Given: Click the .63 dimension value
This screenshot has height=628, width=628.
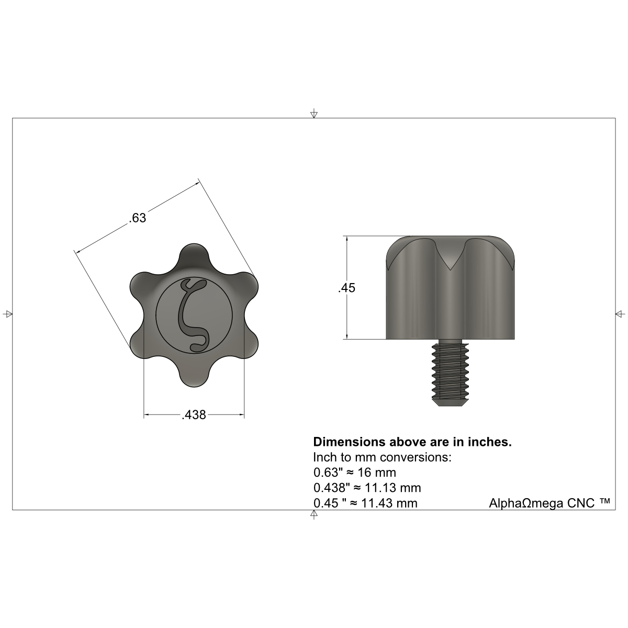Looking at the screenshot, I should [x=138, y=218].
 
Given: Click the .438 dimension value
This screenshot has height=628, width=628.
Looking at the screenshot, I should [x=194, y=415].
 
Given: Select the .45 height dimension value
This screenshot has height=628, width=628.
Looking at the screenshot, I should [x=347, y=288].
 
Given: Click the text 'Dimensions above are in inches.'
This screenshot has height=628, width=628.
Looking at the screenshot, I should [x=412, y=442].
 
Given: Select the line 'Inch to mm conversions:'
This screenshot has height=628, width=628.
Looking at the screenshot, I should [x=382, y=457].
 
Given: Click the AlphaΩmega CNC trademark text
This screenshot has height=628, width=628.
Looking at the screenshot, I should [x=549, y=503].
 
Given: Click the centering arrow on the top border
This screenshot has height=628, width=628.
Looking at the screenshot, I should [x=313, y=114].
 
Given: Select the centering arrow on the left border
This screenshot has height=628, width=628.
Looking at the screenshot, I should [x=8, y=314].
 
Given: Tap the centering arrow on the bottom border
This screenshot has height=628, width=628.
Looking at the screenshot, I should [x=313, y=514].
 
